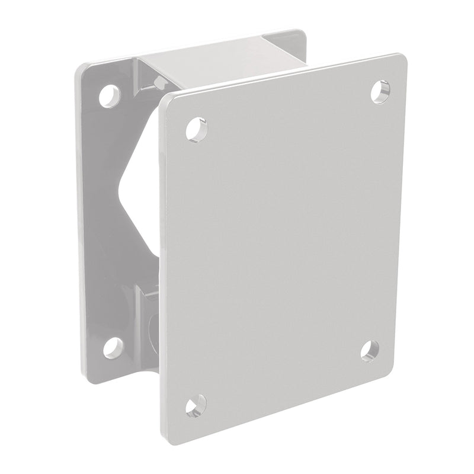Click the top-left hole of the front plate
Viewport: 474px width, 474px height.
pyautogui.click(x=197, y=129)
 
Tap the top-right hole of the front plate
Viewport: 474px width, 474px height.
pyautogui.click(x=380, y=90)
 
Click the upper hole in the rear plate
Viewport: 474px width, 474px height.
pyautogui.click(x=109, y=95)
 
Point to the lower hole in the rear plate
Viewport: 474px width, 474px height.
pyautogui.click(x=113, y=347)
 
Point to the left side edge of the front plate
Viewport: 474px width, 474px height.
pyautogui.click(x=161, y=267)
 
